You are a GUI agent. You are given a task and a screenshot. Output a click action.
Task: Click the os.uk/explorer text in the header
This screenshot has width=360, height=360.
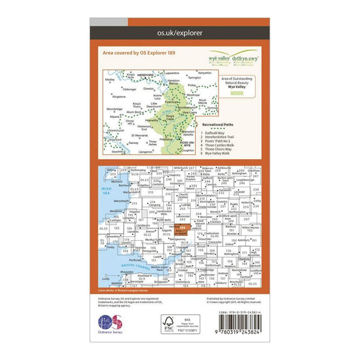[x=180, y=31]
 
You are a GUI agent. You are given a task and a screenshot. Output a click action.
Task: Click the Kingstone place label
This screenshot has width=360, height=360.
[x=120, y=96]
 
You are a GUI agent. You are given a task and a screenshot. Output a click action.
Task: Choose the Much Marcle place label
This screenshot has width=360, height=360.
[x=204, y=103]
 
